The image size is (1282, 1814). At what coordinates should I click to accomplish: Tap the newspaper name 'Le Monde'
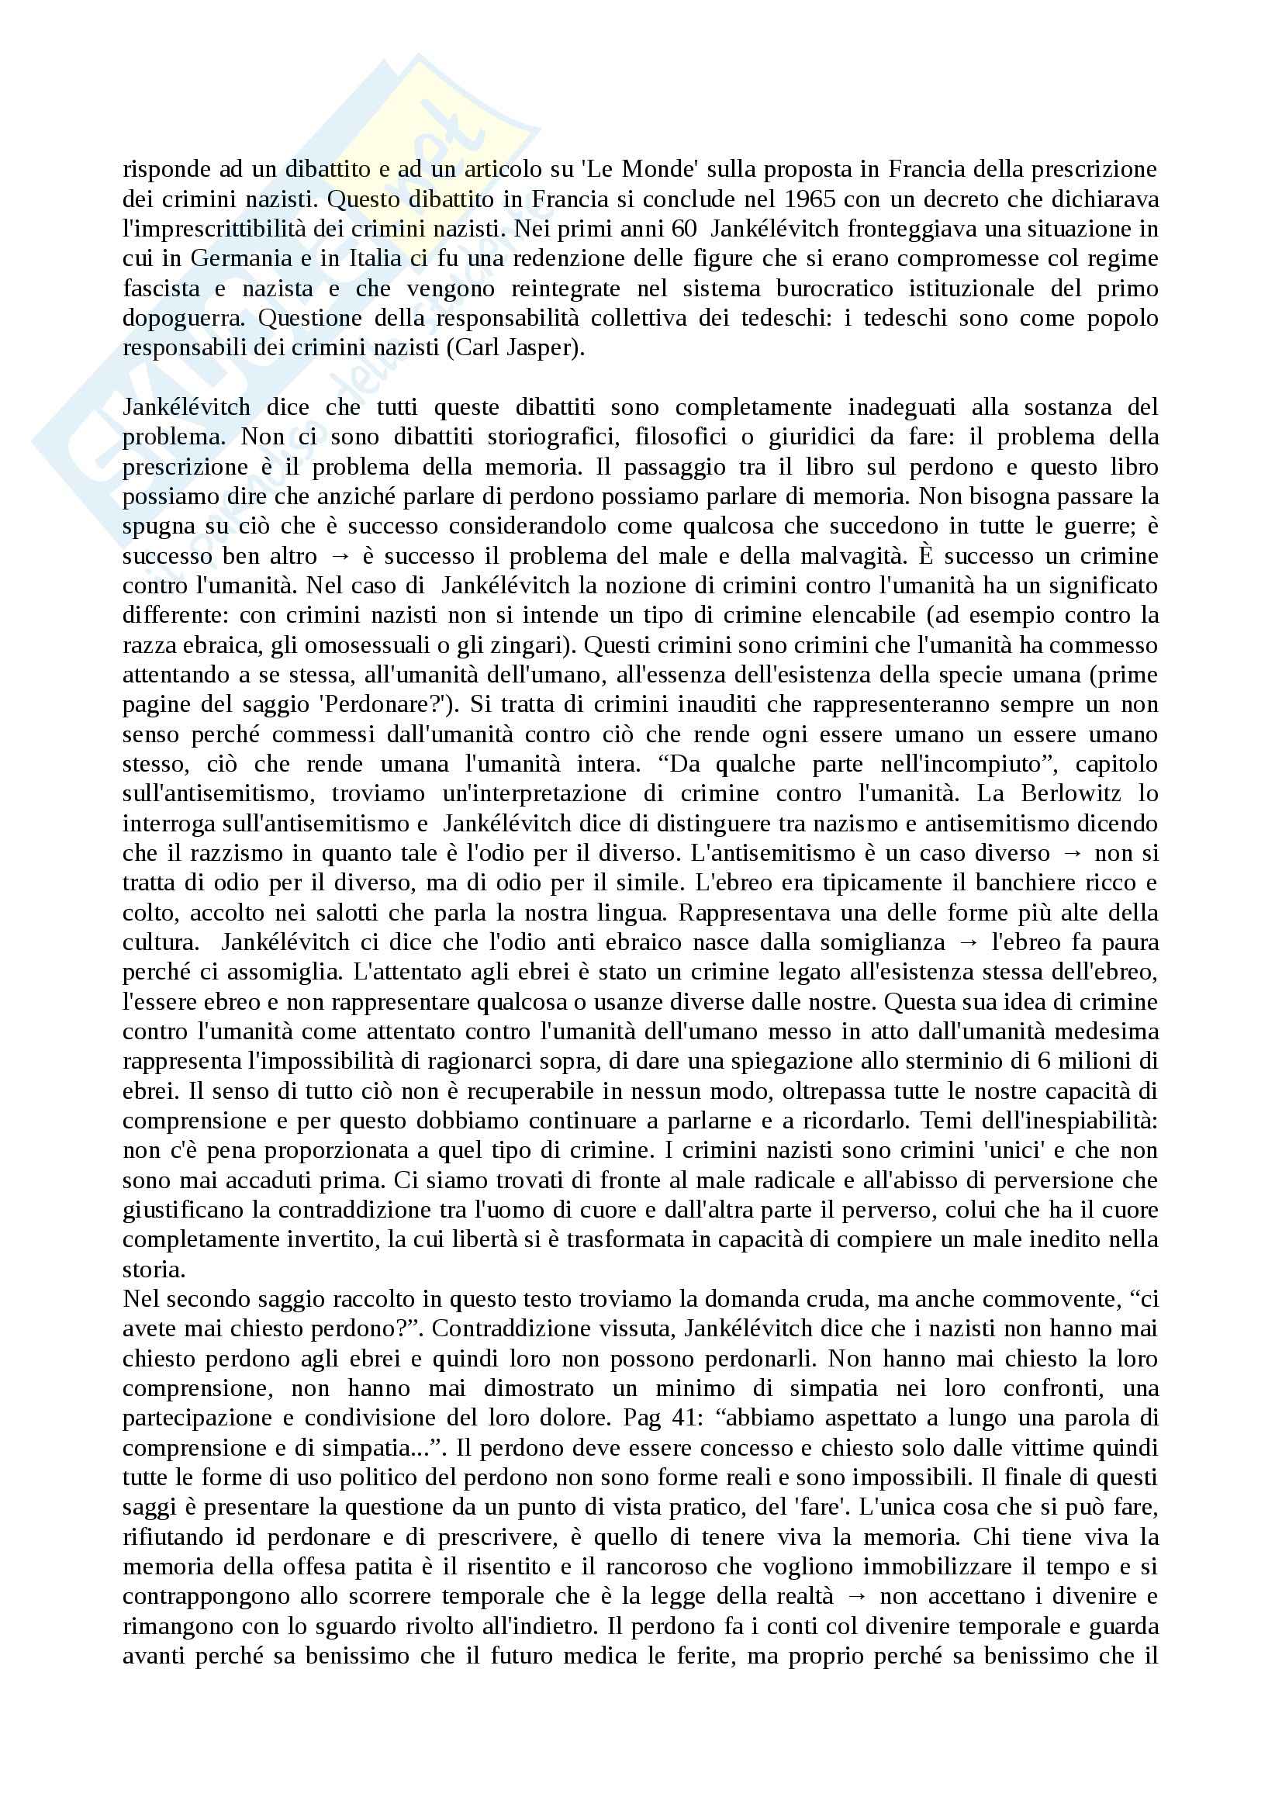(642, 169)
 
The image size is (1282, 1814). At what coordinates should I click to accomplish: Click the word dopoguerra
(183, 319)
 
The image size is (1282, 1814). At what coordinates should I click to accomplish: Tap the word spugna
(152, 526)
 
